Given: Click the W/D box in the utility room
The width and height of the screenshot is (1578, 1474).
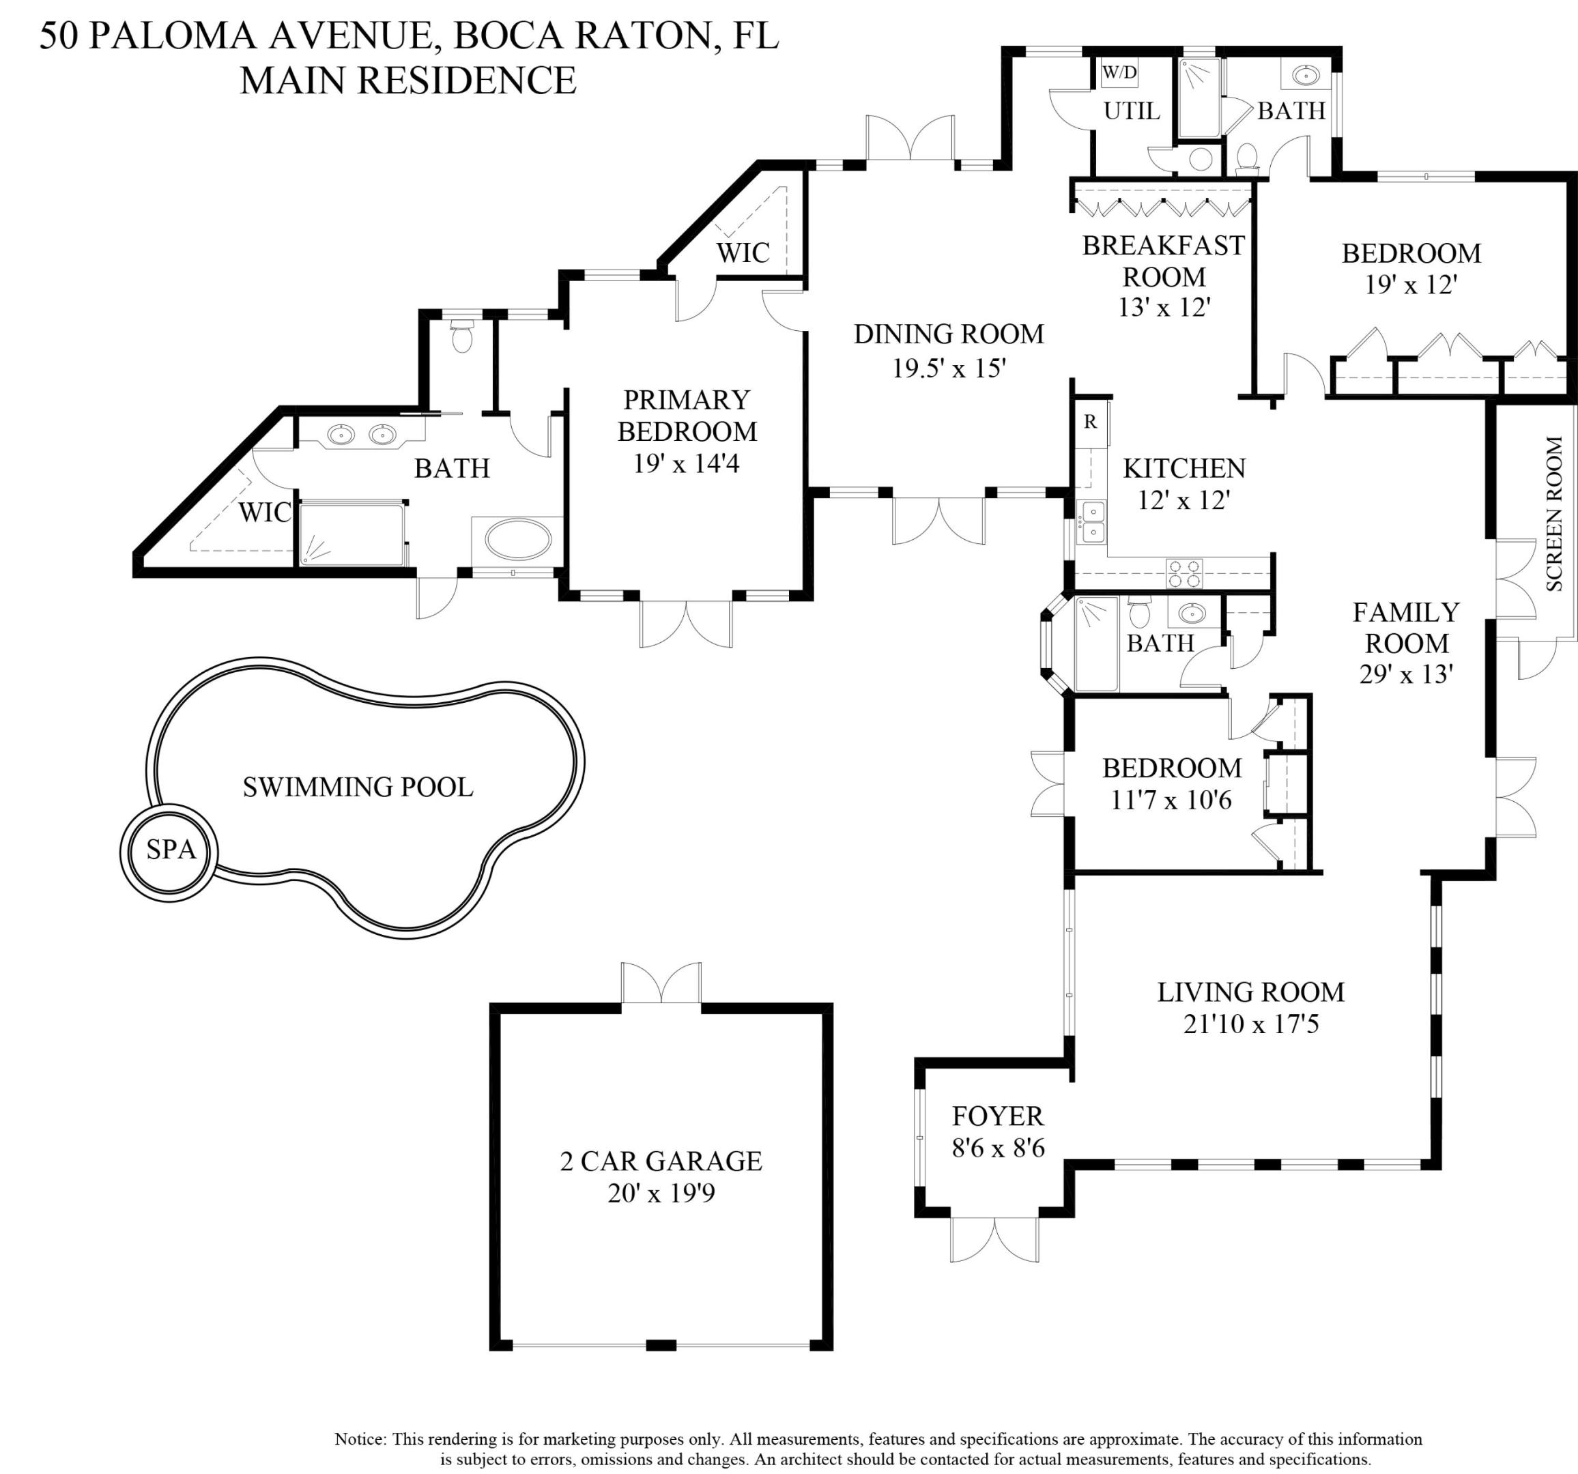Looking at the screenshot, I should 1119,73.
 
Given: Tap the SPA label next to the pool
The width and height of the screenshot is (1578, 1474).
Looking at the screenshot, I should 171,850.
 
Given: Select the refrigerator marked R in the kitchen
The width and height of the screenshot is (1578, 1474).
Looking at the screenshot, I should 1091,422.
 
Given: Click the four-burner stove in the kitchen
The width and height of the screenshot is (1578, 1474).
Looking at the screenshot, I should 1183,573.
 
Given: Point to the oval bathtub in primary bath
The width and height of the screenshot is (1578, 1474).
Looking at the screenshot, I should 517,540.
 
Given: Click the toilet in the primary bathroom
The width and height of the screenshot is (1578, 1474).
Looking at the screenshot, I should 461,336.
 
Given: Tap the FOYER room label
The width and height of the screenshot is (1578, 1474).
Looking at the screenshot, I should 998,1116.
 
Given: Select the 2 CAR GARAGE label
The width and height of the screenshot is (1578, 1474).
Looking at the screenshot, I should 661,1161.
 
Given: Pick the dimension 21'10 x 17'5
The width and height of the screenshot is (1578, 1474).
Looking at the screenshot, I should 1250,1024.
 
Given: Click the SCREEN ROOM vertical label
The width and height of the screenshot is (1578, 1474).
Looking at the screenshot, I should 1553,514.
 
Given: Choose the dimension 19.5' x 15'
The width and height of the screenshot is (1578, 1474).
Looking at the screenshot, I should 949,369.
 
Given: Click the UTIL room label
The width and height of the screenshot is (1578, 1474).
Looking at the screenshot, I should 1131,111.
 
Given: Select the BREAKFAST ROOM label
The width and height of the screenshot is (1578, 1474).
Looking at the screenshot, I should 1163,261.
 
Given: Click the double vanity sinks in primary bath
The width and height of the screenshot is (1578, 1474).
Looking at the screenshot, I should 362,434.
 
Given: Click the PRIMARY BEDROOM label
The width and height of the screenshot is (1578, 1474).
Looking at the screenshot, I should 687,415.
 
